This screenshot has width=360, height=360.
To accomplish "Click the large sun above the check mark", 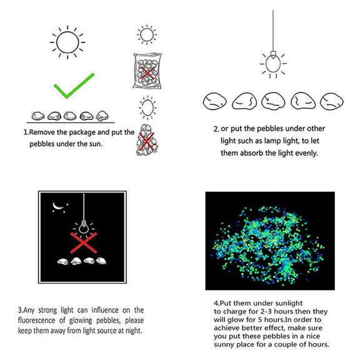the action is tap(67, 42).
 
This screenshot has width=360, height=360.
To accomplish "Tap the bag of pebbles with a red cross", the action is tap(147, 71).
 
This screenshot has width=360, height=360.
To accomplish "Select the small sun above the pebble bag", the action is tap(147, 35).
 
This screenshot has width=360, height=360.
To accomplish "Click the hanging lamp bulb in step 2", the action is tap(273, 64).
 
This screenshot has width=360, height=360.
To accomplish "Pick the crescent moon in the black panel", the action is tap(57, 206).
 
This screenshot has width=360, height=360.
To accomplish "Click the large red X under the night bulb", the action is tap(84, 242).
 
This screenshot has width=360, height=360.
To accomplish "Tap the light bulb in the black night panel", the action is tap(84, 227).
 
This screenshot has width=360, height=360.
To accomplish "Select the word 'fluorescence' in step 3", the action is tap(36, 320).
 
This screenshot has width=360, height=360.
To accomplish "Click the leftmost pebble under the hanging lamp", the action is tap(214, 101).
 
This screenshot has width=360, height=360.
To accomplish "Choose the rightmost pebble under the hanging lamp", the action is tap(331, 101).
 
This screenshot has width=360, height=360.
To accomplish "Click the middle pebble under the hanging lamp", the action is tap(273, 101).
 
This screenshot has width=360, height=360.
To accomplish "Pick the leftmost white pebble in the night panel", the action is tap(63, 261).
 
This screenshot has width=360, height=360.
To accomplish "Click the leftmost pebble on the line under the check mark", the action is tap(38, 116).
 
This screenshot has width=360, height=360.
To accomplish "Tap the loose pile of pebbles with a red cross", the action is tap(147, 140).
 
